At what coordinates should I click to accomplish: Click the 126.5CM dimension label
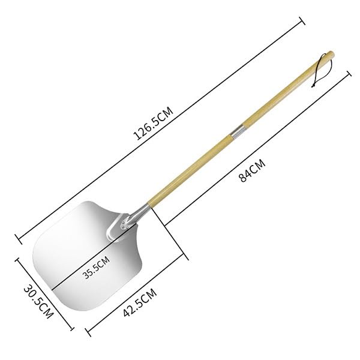click(x=154, y=123)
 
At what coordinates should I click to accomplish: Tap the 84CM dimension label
click(x=252, y=170)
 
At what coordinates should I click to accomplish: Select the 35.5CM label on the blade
click(x=97, y=267)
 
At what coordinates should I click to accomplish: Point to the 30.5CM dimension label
click(x=38, y=302)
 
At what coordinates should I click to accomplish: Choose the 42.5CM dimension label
click(x=140, y=302)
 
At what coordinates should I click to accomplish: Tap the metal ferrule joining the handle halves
click(x=238, y=132)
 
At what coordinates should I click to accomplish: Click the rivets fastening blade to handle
click(x=124, y=225)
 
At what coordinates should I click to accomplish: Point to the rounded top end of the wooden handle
click(x=331, y=54)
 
